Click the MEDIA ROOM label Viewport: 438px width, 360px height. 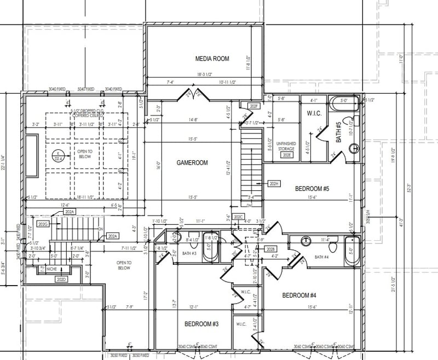[x=212, y=59]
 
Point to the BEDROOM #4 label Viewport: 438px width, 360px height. [x=299, y=295]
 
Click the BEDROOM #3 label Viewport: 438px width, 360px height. [x=201, y=324]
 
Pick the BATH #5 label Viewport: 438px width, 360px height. [x=338, y=132]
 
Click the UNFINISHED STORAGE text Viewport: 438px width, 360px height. [x=287, y=146]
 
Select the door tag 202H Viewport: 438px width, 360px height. [x=275, y=183]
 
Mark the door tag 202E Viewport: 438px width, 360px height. [x=287, y=155]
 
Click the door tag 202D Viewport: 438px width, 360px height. [x=61, y=280]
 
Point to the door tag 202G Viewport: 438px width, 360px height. [x=43, y=224]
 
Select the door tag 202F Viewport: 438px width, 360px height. [x=253, y=106]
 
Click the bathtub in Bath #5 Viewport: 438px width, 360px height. [x=344, y=101]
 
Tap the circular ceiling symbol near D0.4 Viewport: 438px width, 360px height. [x=57, y=157]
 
